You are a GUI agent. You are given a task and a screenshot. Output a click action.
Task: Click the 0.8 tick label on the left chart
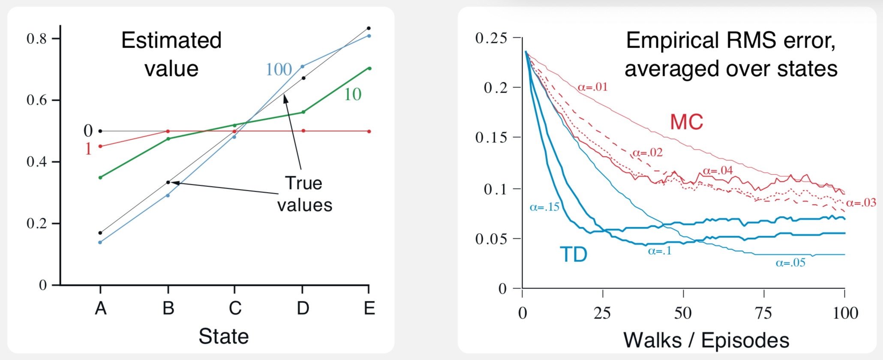(36, 39)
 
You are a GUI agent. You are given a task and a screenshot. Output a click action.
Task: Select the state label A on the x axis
(100, 308)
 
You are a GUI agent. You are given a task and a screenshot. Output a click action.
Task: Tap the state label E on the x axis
(369, 308)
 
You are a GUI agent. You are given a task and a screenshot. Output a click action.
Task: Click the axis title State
(223, 336)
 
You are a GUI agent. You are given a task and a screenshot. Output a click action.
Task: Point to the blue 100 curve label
(279, 69)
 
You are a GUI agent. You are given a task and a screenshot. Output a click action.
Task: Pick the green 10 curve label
(353, 94)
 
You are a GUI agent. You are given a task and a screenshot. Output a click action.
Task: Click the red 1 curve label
(88, 149)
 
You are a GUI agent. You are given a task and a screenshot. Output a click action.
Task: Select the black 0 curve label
(88, 131)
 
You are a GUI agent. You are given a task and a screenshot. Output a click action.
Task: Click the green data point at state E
(369, 68)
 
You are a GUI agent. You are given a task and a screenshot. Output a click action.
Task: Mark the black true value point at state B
(168, 183)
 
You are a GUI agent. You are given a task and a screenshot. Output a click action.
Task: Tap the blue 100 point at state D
(303, 66)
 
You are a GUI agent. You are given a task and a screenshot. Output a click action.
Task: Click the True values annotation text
(304, 194)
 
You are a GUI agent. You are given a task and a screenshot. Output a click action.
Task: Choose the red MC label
(686, 122)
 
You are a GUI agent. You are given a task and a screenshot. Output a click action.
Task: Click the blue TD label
(574, 255)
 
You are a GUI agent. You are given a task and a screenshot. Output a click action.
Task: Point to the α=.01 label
(593, 87)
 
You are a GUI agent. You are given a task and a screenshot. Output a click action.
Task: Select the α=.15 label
(545, 207)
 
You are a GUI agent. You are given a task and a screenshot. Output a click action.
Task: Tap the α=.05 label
(790, 263)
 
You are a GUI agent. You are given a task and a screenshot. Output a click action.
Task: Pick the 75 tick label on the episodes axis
(763, 313)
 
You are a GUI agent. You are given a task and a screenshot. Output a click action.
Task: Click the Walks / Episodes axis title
(706, 341)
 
